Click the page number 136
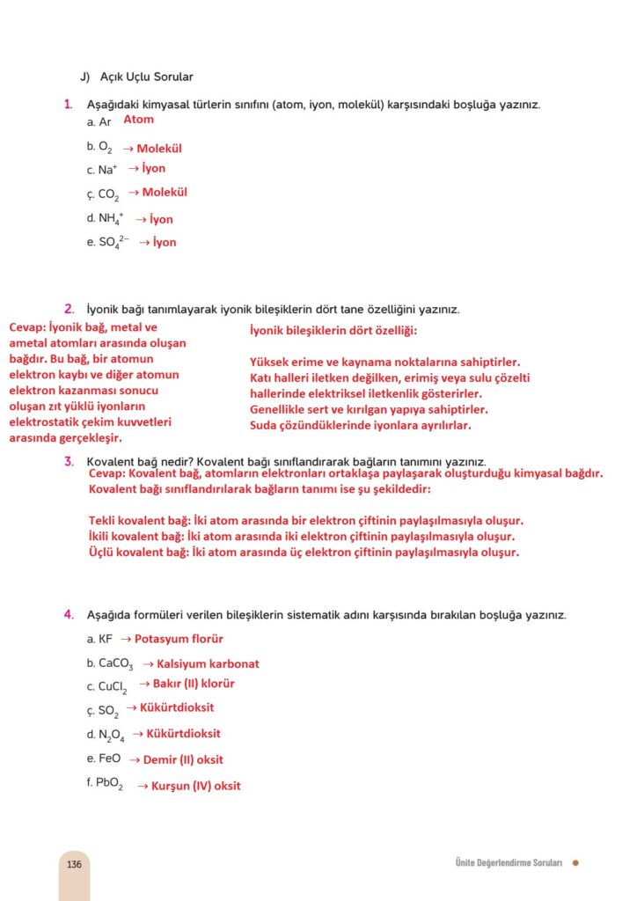[x=74, y=864]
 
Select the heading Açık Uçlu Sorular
[x=146, y=77]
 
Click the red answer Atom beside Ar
[x=138, y=120]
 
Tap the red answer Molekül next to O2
[x=158, y=149]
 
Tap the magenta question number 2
[x=69, y=309]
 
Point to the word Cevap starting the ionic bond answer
[x=27, y=327]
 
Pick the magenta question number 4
[x=69, y=614]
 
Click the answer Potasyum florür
[x=179, y=639]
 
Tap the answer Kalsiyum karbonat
[x=208, y=663]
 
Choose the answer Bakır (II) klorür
[x=194, y=684]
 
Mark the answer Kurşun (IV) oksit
[x=195, y=786]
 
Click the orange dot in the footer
[x=575, y=863]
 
